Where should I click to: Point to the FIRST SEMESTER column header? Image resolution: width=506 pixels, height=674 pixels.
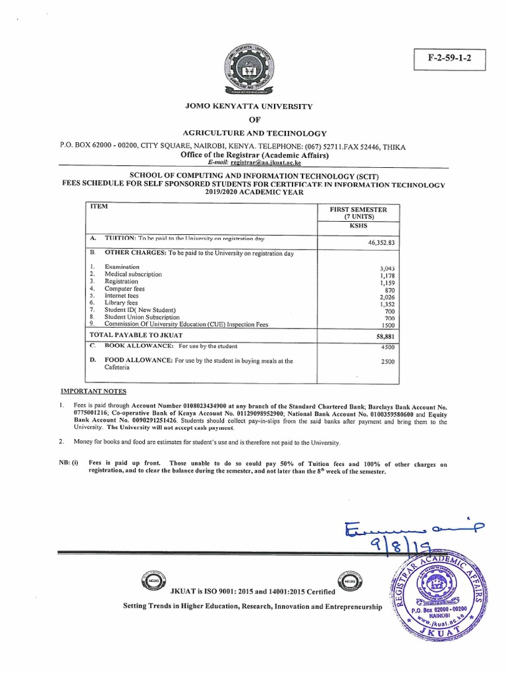click(358, 209)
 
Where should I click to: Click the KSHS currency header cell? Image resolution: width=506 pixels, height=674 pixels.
click(359, 225)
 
